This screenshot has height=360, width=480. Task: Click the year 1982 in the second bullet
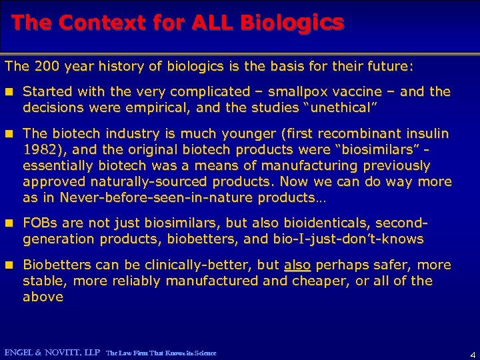[38, 149]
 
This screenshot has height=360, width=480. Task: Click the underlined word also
[297, 265]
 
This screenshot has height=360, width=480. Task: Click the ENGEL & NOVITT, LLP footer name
[52, 352]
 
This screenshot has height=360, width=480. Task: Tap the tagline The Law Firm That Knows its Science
[161, 352]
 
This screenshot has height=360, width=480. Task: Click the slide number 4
[472, 353]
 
